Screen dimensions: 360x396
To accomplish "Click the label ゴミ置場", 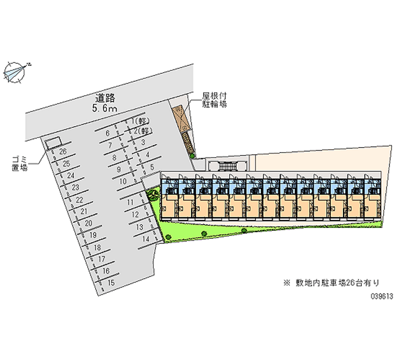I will [x=19, y=163].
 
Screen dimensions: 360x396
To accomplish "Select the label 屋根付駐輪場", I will [x=214, y=100].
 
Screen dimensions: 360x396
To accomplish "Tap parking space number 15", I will [x=111, y=283].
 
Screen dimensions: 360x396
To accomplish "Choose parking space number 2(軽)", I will [x=142, y=131].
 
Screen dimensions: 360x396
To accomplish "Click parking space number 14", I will [x=146, y=239].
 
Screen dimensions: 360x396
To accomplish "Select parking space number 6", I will [x=107, y=133].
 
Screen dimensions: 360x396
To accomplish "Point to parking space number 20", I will [x=88, y=223].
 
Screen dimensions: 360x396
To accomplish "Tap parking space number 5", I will [x=152, y=167].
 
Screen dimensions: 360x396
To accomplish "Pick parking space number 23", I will [x=76, y=188].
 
